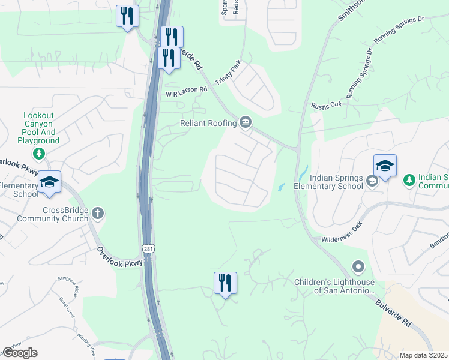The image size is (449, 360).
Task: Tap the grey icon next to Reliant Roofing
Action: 246,122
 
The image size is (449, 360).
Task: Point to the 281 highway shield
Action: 147,248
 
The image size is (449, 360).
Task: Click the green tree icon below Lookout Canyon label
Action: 39,154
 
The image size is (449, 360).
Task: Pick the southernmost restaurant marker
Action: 225,283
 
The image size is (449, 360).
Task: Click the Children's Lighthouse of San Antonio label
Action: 334,287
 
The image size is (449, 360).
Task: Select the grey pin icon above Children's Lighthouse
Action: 358,266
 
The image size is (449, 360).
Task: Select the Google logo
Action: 20,353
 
